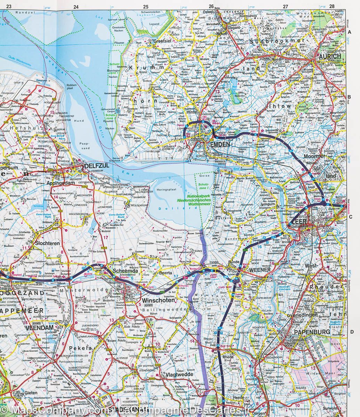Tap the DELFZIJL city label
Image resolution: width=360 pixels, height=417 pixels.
[x=96, y=166]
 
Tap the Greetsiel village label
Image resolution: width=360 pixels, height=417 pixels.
[x=163, y=41]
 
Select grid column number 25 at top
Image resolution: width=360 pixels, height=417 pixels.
[x=145, y=6]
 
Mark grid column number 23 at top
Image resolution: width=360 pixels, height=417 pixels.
[x=9, y=6]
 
